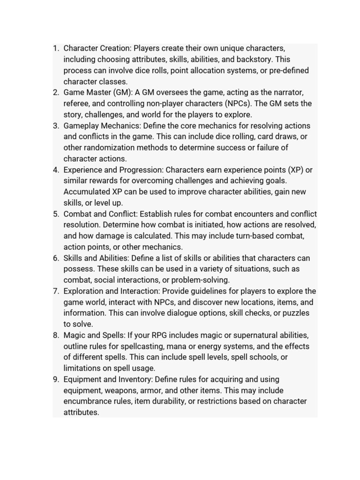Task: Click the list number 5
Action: pyautogui.click(x=56, y=214)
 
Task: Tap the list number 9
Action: pyautogui.click(x=56, y=380)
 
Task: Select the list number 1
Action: pyautogui.click(x=56, y=49)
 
